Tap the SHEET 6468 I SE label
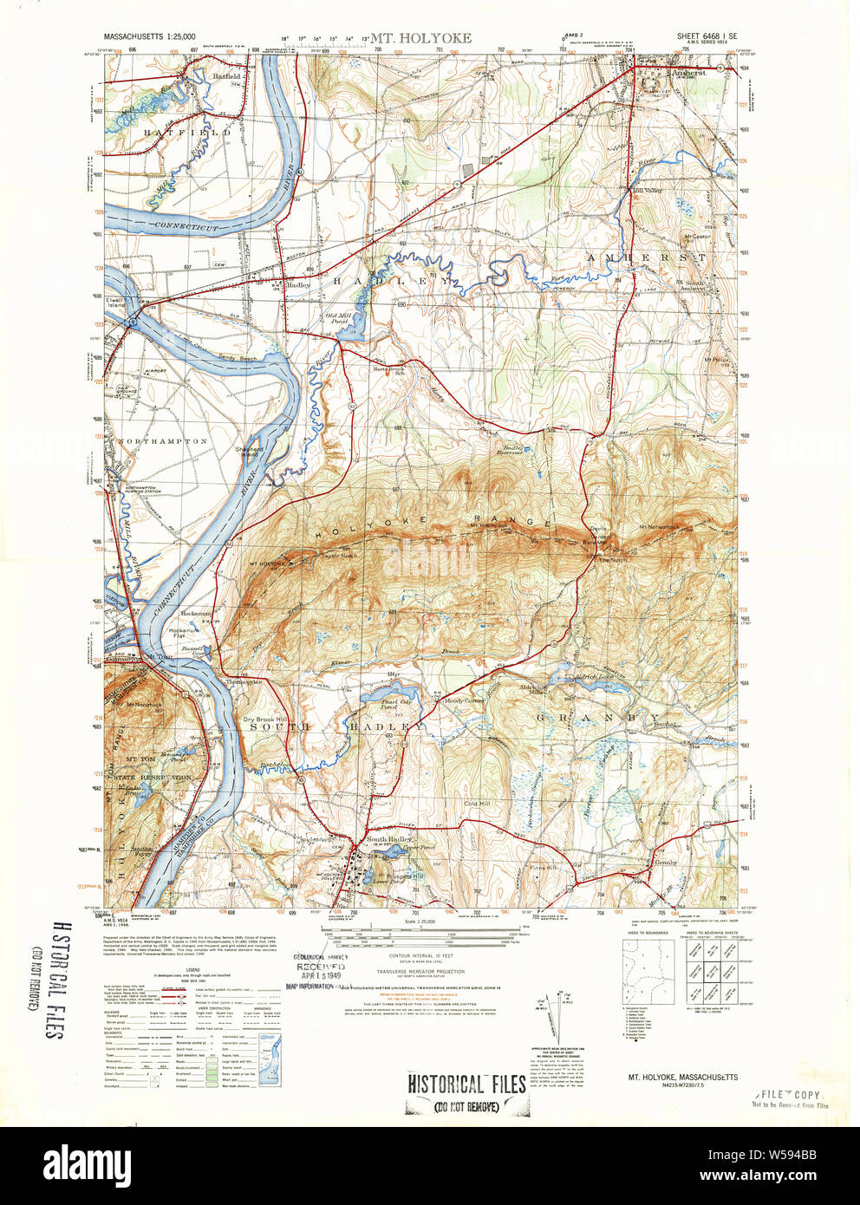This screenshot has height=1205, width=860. coord(707,36)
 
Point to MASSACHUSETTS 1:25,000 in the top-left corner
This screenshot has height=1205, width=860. coord(149,37)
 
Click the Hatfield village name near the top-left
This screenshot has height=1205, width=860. coord(227,76)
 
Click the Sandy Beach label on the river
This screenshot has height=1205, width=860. coord(237,358)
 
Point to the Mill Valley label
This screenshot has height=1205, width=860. coord(647,191)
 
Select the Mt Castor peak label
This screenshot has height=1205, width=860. coord(696,236)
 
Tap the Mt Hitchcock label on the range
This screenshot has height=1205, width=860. coord(487,524)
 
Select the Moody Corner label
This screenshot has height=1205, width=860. coord(465,700)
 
